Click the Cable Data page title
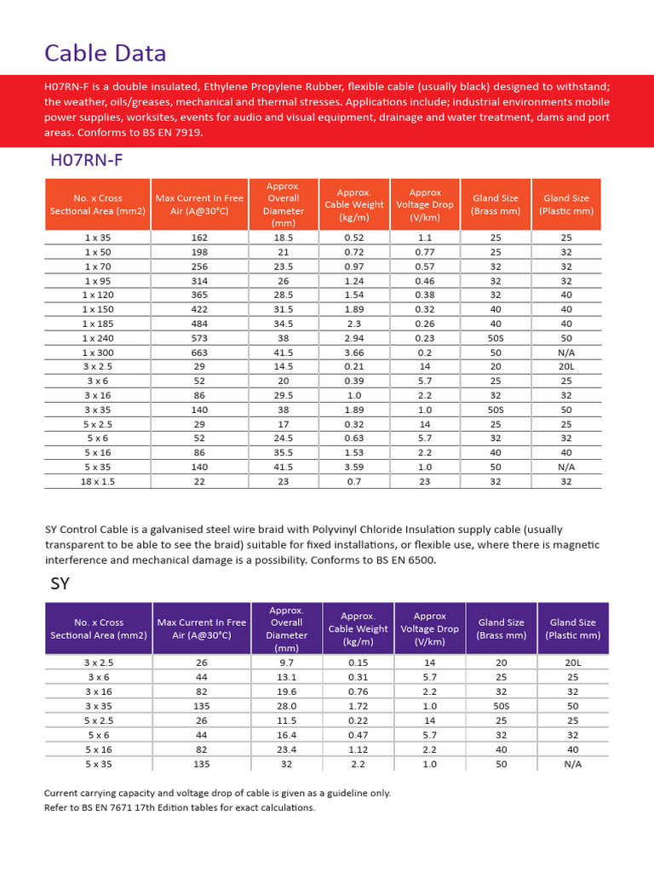coord(105,54)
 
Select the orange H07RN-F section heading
coord(89,160)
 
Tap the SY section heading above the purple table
coord(60,583)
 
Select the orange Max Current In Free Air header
coord(199,204)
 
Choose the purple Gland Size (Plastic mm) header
coord(572,628)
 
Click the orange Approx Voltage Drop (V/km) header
coord(425,204)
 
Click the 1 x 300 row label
coord(98,353)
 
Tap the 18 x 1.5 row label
coord(98,481)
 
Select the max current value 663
coord(199,353)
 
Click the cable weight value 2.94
coord(354,338)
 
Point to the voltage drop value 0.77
coord(425,253)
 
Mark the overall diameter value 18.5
coord(284,238)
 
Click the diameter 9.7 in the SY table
coord(286,662)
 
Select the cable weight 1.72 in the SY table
coord(359,706)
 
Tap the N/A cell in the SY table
coord(572,764)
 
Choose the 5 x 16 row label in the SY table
coord(98,749)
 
